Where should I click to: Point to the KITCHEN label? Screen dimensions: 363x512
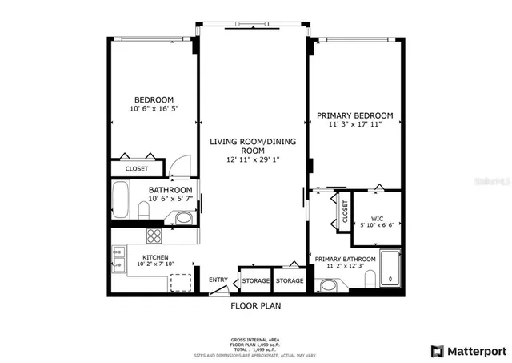[154, 257]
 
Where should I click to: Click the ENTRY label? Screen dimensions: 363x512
[218, 280]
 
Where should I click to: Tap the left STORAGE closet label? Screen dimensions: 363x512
[256, 280]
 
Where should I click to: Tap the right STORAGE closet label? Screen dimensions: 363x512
[290, 280]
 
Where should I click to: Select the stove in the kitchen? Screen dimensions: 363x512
[154, 236]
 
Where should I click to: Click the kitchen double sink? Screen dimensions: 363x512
[118, 257]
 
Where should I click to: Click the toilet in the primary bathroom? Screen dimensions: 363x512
[370, 279]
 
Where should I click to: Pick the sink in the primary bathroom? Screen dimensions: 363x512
[328, 285]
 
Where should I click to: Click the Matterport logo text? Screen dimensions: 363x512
[475, 350]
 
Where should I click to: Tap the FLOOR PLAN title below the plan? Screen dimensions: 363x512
[255, 305]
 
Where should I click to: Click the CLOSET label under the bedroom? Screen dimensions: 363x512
[137, 169]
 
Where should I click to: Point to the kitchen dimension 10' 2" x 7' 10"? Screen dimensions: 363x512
[154, 264]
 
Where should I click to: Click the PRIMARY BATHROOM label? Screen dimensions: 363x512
[345, 260]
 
